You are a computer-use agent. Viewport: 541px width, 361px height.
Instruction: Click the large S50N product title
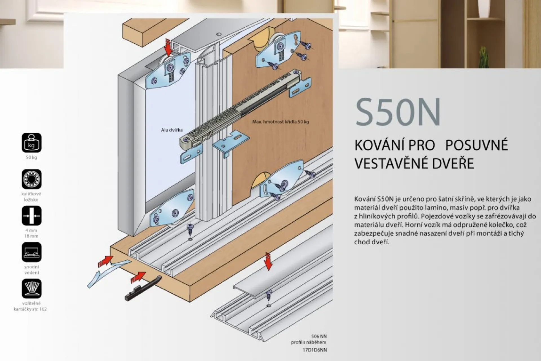tap(398, 112)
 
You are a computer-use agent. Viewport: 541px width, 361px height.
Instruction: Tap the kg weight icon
tap(32, 143)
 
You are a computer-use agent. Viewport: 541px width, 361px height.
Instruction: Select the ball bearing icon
tap(32, 179)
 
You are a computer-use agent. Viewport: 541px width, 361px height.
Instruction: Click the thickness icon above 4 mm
tap(32, 216)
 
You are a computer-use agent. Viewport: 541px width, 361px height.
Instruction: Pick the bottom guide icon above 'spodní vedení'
tap(32, 252)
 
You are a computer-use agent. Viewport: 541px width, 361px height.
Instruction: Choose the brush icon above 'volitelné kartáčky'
tap(32, 289)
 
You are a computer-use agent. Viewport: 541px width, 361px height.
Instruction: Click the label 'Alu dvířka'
tap(172, 130)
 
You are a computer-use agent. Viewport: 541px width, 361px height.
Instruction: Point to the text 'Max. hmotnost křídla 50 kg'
tap(280, 122)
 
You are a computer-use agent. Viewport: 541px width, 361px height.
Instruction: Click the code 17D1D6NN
tap(315, 350)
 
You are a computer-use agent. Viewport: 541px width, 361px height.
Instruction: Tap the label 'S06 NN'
tap(319, 336)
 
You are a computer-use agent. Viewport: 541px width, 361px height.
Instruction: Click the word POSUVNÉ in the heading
tap(476, 145)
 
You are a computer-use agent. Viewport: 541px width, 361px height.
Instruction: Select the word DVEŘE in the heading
tap(453, 163)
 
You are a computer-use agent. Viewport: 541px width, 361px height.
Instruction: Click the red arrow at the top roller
tap(168, 48)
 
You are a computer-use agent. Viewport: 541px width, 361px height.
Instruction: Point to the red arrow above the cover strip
tap(268, 262)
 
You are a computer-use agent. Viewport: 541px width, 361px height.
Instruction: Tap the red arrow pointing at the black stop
tap(138, 277)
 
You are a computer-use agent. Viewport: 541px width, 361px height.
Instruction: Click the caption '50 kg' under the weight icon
tap(31, 157)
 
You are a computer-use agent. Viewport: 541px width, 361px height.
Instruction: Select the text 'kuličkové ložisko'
tap(31, 197)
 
